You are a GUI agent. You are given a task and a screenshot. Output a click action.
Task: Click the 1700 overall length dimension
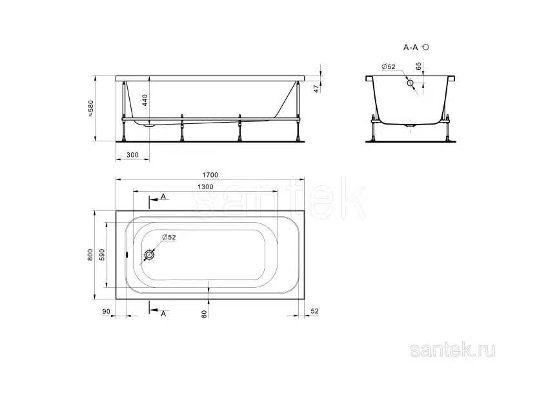coord(210,175)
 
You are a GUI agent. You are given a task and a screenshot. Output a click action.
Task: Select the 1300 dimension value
coord(205,187)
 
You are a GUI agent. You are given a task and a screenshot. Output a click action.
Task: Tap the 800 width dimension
coord(90,254)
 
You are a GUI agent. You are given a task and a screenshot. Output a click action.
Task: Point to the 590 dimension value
coord(102,254)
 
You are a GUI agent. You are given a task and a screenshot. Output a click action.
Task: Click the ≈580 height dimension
coord(90,108)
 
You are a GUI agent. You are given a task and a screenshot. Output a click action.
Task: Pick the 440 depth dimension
coord(145,100)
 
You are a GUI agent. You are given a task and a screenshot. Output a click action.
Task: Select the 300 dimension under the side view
coord(132,155)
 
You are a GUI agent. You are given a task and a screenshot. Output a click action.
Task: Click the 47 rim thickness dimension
coord(316,89)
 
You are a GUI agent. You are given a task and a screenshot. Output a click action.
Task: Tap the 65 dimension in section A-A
coord(418,66)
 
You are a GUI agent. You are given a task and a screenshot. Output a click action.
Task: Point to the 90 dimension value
coord(107,311)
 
